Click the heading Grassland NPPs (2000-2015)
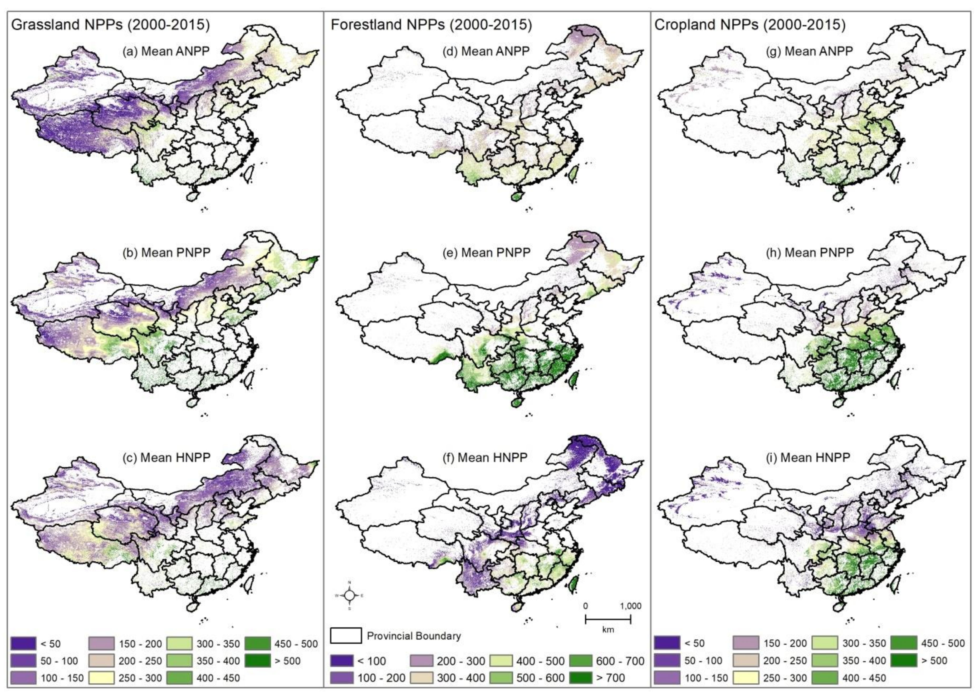point(110,25)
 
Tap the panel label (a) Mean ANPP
point(166,51)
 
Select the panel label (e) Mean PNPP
point(486,252)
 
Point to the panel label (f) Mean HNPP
point(485,457)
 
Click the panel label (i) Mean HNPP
point(808,457)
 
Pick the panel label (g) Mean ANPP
point(810,51)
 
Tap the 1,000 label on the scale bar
point(631,606)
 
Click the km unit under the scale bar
point(608,630)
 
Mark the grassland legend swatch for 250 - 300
point(102,678)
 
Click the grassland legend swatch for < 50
point(23,644)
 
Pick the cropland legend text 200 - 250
point(785,660)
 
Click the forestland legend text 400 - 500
point(540,661)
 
